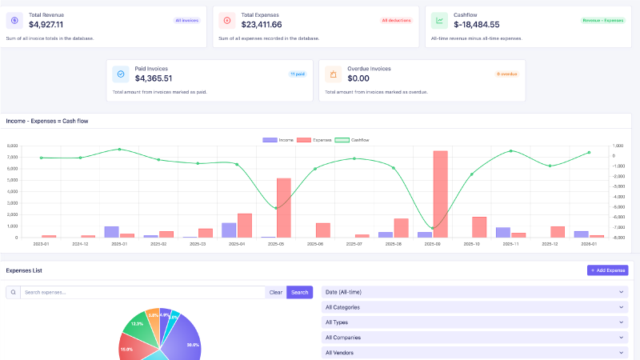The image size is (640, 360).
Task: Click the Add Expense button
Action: click(x=607, y=270)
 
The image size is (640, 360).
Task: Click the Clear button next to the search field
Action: click(x=275, y=292)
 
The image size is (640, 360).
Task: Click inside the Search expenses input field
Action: click(x=144, y=292)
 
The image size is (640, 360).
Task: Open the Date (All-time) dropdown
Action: click(x=474, y=292)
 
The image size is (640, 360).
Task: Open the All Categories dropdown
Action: click(x=474, y=307)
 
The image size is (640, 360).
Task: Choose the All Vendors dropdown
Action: click(x=474, y=352)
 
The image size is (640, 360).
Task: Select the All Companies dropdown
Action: click(x=474, y=337)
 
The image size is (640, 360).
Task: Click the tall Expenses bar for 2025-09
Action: click(x=440, y=194)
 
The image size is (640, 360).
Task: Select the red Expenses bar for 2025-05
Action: click(x=283, y=208)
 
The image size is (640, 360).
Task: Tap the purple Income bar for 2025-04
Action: click(x=229, y=230)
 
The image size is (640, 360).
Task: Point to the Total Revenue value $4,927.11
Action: click(x=46, y=25)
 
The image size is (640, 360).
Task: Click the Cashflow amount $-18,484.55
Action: click(x=476, y=25)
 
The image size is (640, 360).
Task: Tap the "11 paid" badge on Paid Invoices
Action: click(x=298, y=74)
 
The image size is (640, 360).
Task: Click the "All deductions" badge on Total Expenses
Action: click(x=397, y=20)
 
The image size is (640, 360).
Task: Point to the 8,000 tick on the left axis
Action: click(x=12, y=146)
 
